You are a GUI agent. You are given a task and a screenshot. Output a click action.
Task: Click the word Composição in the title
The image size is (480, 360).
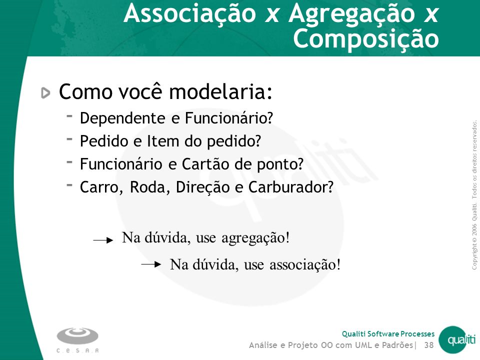point(366,39)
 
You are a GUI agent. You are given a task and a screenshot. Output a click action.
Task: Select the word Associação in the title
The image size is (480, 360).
point(190,14)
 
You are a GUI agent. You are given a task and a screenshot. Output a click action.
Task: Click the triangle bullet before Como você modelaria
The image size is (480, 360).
point(45,93)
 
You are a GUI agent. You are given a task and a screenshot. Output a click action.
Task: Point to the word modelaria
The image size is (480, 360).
point(220,91)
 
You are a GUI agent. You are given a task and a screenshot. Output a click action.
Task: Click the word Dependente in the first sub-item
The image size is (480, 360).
point(122,118)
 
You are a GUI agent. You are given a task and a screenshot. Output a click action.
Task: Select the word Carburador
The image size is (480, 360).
point(291,187)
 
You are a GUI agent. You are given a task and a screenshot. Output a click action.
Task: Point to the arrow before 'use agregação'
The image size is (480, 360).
point(103,240)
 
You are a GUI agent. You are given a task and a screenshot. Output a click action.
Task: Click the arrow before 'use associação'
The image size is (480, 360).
point(151,264)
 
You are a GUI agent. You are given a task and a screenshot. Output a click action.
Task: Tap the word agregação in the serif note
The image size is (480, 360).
point(255,238)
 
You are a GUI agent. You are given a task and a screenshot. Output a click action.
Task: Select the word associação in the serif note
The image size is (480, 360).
point(305,264)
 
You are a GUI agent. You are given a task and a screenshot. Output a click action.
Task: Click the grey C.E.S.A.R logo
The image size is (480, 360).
point(77,340)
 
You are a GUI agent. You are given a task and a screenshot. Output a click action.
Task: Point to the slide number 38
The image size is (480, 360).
point(429,345)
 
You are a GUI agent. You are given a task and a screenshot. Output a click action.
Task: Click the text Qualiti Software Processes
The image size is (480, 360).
point(388,333)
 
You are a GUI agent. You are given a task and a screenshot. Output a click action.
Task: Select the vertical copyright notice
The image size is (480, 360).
point(474,195)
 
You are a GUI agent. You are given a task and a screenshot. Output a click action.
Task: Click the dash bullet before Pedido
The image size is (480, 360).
point(69,138)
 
